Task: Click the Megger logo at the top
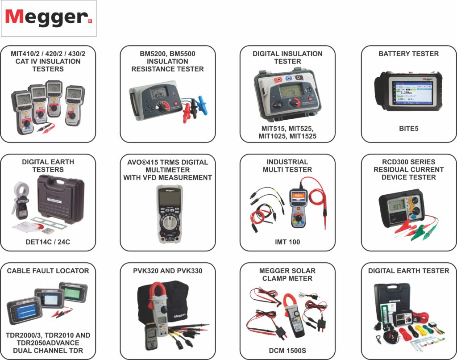point(48,18)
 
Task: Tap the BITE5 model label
point(408,128)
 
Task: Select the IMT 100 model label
point(287,242)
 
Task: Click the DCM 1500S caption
point(287,350)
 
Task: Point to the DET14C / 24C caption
point(48,242)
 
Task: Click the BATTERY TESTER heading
point(408,54)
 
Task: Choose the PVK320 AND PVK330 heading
point(168,271)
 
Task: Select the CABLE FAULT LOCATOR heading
point(48,271)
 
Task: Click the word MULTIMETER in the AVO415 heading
point(168,170)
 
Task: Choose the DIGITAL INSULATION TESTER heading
point(287,57)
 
